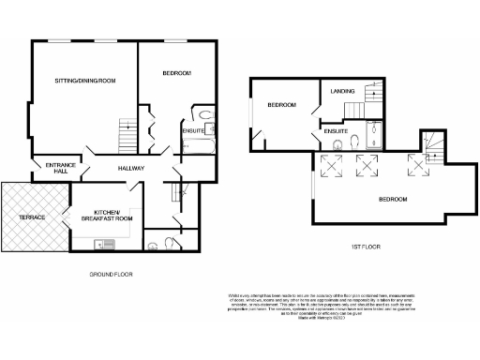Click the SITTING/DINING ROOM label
[83, 82]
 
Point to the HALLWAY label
[130, 167]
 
